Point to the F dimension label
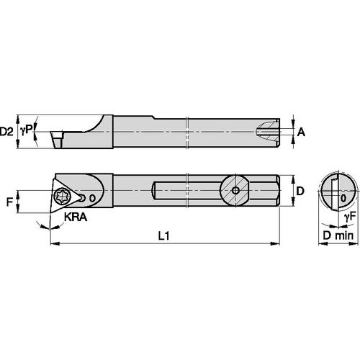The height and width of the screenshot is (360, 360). [x=10, y=203]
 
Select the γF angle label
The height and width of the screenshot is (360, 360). [x=348, y=216]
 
